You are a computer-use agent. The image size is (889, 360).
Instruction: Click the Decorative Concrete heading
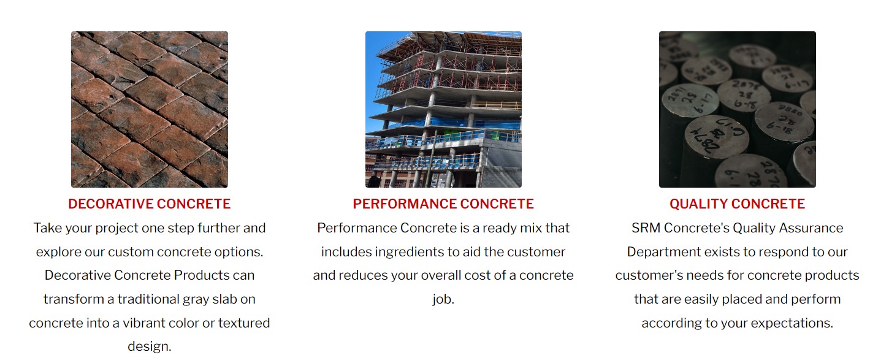coord(149,204)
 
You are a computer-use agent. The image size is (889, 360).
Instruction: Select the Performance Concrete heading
coord(443,204)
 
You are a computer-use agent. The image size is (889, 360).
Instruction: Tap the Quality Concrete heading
coord(737,204)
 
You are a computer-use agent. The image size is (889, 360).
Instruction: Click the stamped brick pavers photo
coord(150,109)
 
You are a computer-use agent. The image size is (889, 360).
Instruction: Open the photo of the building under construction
coord(443,109)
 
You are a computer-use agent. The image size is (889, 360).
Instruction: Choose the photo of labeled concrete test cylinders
coord(737,109)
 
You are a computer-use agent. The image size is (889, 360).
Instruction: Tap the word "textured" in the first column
coord(244,323)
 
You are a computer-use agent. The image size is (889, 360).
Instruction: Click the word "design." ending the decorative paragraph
coord(150,347)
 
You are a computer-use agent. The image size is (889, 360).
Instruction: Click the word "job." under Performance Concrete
coord(443,299)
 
